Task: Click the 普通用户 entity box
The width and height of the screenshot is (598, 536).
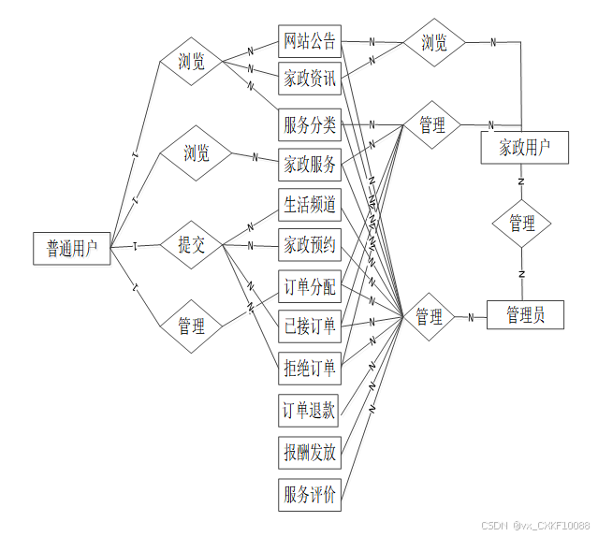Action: (x=71, y=248)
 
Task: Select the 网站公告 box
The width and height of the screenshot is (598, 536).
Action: (x=310, y=42)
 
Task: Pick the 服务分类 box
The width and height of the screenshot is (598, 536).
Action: (x=310, y=124)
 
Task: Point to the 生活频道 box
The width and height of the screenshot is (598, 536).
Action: (x=310, y=205)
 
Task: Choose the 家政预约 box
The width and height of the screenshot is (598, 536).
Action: (x=310, y=245)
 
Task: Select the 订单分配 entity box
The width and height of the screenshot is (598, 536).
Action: (x=310, y=286)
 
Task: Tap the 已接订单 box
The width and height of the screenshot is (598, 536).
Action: (x=310, y=326)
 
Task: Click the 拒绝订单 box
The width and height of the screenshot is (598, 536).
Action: (x=310, y=368)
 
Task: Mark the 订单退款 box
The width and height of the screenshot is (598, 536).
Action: (x=310, y=410)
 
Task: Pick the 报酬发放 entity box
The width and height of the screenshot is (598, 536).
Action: (x=310, y=453)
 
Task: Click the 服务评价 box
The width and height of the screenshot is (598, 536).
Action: (x=310, y=495)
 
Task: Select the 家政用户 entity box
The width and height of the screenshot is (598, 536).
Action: (x=523, y=147)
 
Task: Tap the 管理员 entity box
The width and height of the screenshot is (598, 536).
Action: (x=527, y=315)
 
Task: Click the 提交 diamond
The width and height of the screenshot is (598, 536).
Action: (x=191, y=245)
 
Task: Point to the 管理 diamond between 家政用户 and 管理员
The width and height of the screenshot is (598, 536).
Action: (x=522, y=225)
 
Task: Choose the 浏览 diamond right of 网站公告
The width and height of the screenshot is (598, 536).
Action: (x=433, y=43)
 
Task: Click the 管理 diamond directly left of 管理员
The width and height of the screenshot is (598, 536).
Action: (x=429, y=317)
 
